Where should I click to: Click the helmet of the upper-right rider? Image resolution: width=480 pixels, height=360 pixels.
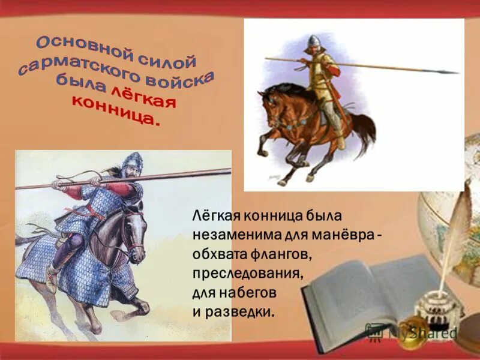click(313, 41)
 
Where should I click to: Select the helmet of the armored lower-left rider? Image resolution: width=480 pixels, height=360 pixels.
click(132, 161)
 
